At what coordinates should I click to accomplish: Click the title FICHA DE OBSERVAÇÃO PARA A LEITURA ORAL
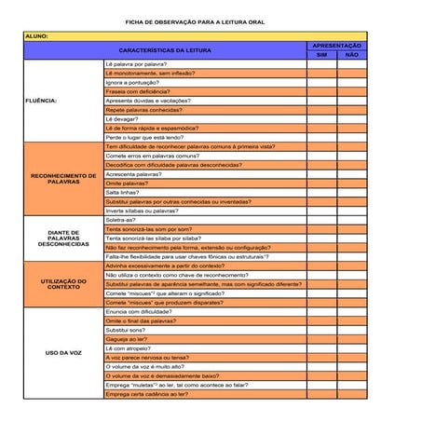click(194, 20)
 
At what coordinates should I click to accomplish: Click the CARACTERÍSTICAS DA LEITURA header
click(165, 50)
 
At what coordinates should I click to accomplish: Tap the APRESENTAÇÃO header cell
click(336, 46)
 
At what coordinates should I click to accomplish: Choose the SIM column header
click(322, 55)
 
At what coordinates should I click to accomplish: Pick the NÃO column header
click(351, 55)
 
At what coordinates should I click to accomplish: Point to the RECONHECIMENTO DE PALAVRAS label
click(63, 177)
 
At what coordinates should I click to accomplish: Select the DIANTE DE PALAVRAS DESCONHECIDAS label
click(63, 238)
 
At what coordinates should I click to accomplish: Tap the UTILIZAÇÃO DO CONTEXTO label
click(63, 283)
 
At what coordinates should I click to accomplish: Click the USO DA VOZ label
click(63, 352)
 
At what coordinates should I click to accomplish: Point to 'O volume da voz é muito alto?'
click(144, 366)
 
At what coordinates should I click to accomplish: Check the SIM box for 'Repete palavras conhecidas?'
click(322, 110)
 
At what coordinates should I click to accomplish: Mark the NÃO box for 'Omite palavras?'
click(351, 184)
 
